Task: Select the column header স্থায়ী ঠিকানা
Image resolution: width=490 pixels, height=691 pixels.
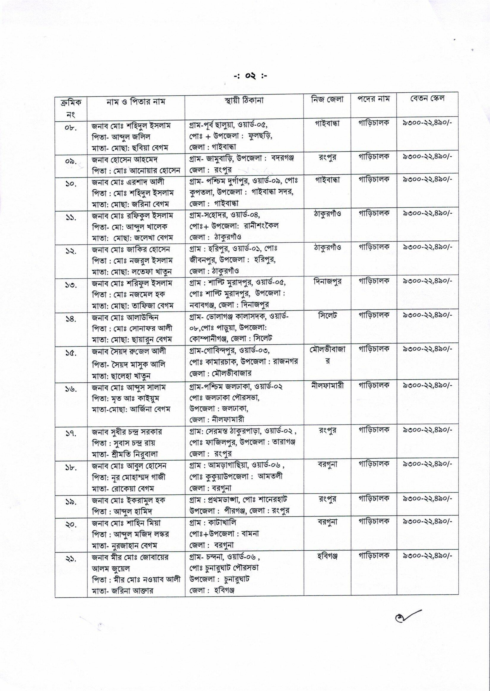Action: (244, 100)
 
